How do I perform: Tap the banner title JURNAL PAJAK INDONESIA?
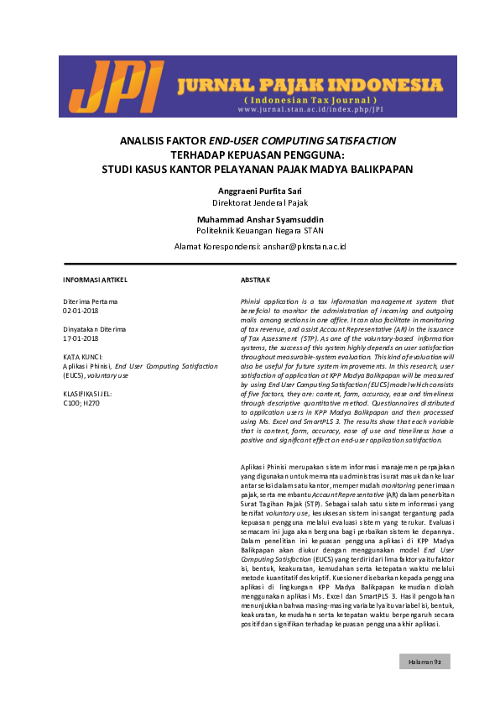tap(310, 86)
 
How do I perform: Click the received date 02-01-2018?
tap(81, 310)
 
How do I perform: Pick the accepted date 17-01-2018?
tap(81, 338)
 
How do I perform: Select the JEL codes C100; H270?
tap(82, 403)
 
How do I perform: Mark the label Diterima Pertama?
tap(91, 301)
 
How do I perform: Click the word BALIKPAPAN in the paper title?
tap(379, 169)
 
